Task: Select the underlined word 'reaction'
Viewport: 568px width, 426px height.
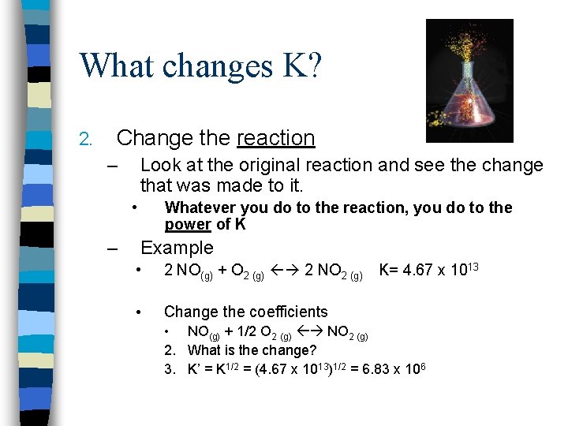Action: [x=275, y=138]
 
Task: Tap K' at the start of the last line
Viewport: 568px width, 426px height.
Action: [x=193, y=369]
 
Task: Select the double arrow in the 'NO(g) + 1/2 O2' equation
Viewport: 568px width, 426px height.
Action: [x=310, y=333]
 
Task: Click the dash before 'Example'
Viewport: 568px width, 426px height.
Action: [x=113, y=248]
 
